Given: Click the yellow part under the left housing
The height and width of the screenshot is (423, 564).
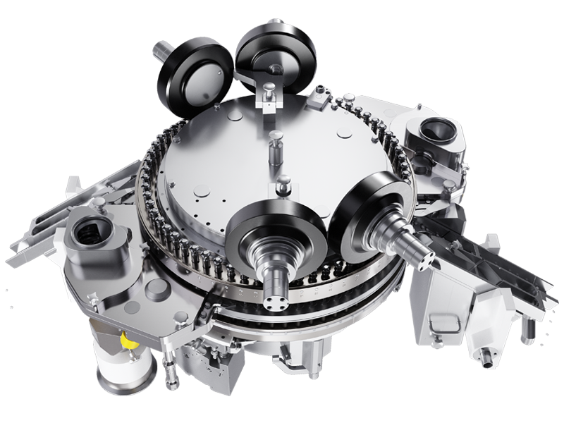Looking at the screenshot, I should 127,341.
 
